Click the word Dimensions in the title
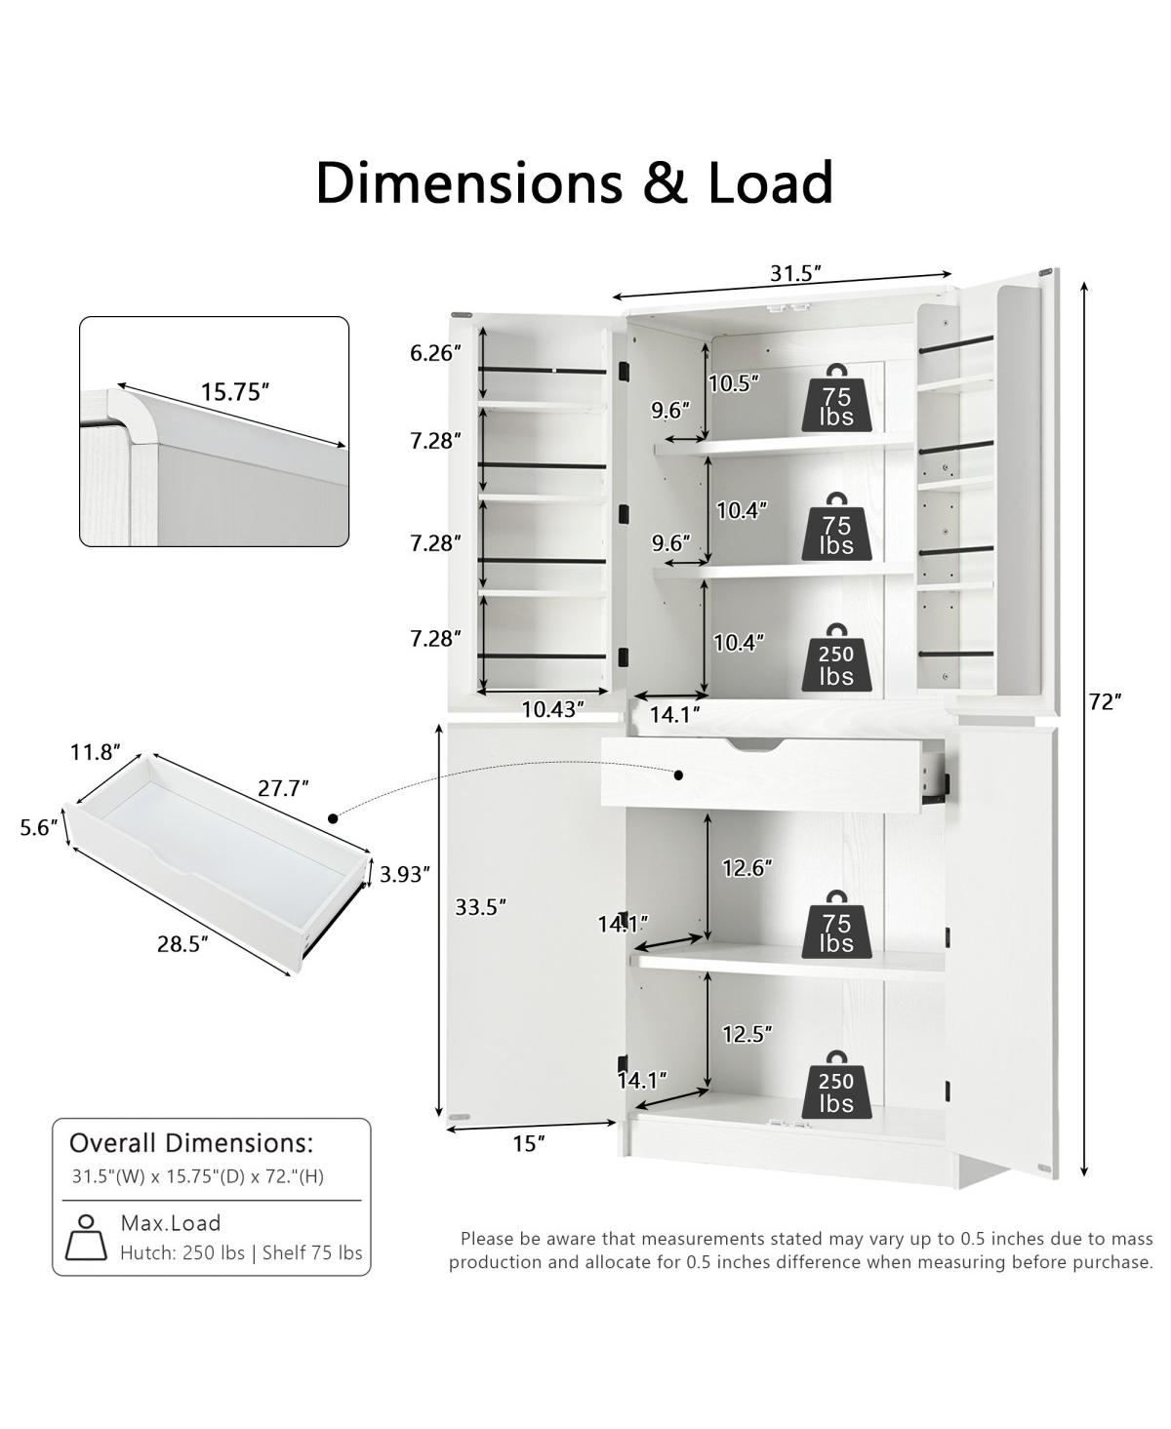[468, 182]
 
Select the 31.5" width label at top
[796, 273]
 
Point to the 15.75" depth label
[235, 392]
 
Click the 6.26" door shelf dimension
[436, 352]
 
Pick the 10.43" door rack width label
[553, 709]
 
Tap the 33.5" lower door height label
[481, 906]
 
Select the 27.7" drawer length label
[283, 788]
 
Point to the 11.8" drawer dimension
[96, 752]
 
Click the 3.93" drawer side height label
[405, 875]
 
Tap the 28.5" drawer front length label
[182, 944]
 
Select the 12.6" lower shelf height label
[747, 868]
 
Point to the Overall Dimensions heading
[192, 1143]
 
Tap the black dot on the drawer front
[679, 774]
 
